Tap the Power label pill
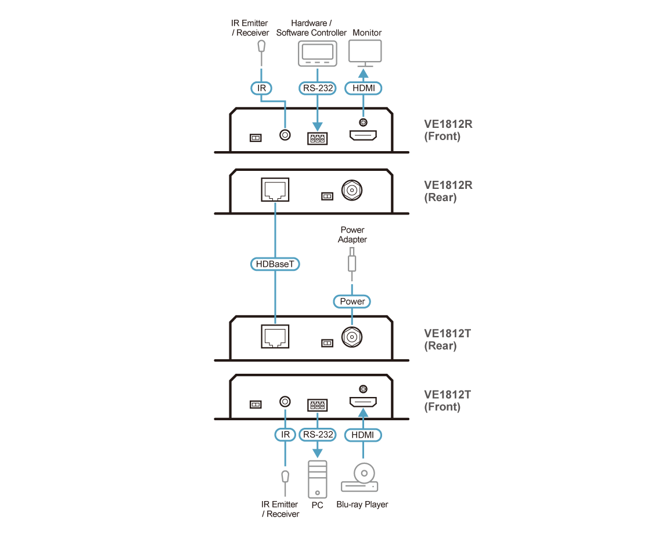[352, 301]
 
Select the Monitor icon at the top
[365, 54]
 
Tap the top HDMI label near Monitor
[364, 88]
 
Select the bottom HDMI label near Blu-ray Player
[364, 435]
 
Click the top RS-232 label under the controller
[317, 88]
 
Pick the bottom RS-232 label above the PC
[318, 435]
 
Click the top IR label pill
[261, 88]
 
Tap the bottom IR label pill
[285, 435]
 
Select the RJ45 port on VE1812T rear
[275, 335]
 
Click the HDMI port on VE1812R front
[363, 137]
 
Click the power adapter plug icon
[352, 261]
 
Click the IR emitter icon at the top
[262, 46]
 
